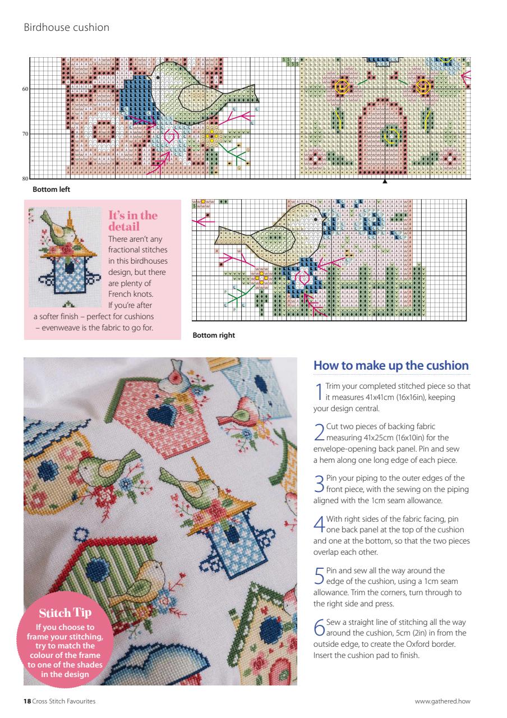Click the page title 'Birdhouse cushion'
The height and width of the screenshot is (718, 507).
pyautogui.click(x=66, y=27)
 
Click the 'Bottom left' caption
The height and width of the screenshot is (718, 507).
pyautogui.click(x=51, y=190)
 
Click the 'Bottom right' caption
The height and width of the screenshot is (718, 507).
pyautogui.click(x=214, y=335)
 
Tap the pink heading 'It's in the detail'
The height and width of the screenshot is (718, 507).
pyautogui.click(x=132, y=221)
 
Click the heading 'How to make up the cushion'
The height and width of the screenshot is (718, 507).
pyautogui.click(x=391, y=366)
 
